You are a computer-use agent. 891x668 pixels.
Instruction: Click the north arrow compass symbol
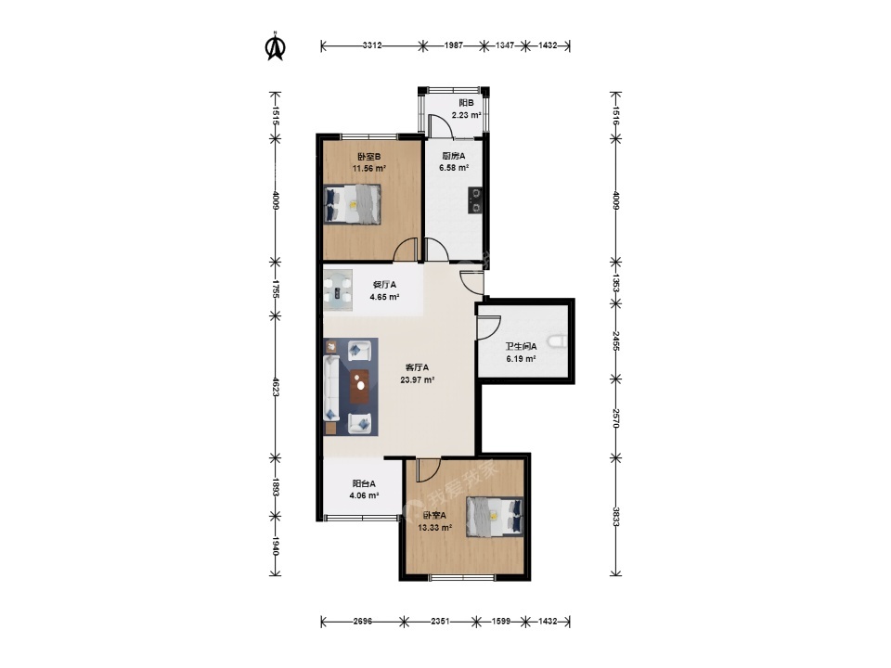[276, 46]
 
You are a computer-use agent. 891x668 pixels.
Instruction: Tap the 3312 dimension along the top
[371, 45]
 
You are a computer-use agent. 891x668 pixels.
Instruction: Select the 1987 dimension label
[454, 45]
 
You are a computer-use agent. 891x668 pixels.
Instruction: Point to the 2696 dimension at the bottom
[363, 622]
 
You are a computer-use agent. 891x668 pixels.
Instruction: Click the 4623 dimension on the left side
[276, 386]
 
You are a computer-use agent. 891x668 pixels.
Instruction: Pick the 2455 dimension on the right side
[615, 340]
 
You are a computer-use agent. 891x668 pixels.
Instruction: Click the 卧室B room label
[368, 156]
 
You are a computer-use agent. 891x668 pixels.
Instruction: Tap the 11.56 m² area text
[369, 169]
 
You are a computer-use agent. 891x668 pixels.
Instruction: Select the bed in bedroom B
[353, 204]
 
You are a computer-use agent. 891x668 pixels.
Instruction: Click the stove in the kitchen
[475, 200]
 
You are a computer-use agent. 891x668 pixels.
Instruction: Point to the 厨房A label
[454, 156]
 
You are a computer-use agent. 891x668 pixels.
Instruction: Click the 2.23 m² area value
[466, 115]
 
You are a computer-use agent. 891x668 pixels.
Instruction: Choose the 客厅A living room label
[417, 367]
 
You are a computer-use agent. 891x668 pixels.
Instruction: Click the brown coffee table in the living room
[359, 387]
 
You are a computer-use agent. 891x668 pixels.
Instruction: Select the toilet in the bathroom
[558, 342]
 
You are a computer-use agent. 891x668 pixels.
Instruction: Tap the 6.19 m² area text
[521, 359]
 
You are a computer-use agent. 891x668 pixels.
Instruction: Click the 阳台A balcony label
[364, 483]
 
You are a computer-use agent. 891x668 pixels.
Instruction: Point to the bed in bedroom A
[495, 517]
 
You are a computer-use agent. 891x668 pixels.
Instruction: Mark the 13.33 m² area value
[435, 528]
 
